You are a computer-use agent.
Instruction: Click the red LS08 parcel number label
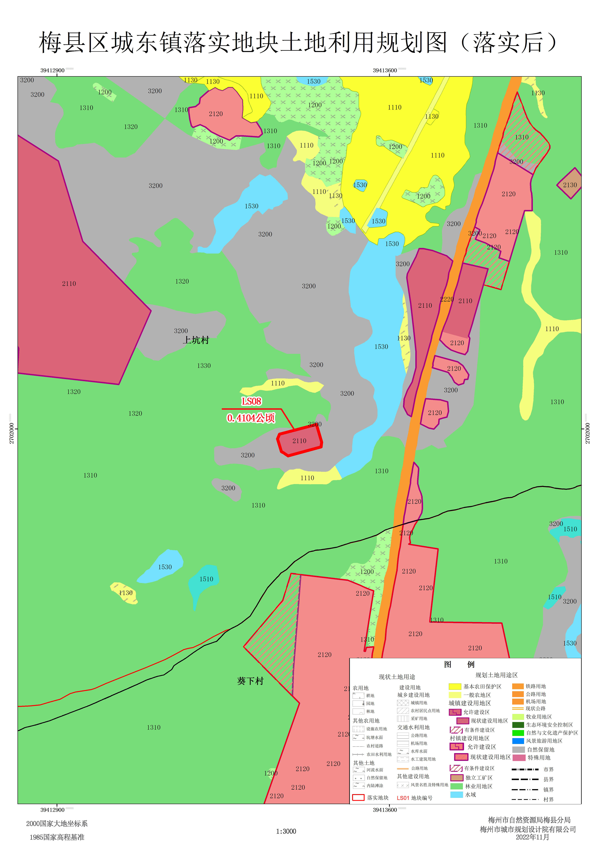(251, 401)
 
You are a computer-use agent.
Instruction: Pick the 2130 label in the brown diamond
(569, 185)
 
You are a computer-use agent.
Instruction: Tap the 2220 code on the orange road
(447, 299)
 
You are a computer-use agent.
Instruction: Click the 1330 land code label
(204, 366)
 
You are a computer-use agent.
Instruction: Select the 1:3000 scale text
(286, 831)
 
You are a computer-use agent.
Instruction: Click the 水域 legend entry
(470, 795)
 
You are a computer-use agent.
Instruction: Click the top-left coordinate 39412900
(52, 71)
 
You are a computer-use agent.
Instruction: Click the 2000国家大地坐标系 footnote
(57, 823)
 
